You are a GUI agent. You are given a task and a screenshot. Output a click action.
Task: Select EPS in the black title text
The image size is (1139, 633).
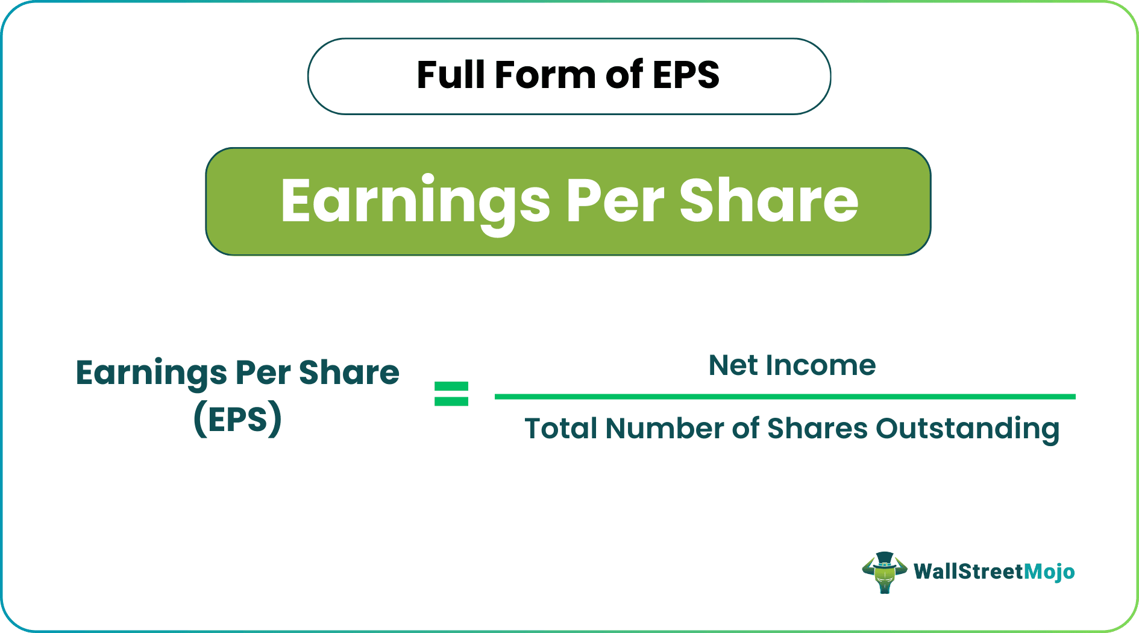click(686, 75)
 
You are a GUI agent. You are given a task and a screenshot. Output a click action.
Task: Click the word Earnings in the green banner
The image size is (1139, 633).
click(415, 202)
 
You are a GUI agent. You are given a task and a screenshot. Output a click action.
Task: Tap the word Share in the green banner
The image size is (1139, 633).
click(769, 202)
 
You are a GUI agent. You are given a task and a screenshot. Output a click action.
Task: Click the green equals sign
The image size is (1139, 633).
click(451, 394)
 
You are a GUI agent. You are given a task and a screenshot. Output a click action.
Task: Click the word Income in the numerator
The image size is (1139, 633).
click(821, 365)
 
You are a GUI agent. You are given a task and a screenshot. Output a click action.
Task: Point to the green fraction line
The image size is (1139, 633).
click(785, 397)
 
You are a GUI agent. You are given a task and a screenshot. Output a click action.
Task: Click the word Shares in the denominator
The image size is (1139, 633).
click(817, 429)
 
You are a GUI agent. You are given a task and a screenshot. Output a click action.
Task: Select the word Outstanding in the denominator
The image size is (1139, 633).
click(967, 430)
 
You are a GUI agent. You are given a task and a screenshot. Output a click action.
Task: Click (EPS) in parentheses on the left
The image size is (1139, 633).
click(237, 418)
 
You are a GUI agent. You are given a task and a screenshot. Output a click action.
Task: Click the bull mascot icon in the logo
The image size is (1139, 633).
click(885, 572)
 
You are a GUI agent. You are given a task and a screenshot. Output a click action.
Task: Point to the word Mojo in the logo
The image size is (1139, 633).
click(1049, 572)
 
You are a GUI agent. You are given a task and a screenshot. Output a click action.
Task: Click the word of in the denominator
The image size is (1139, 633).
click(745, 429)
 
